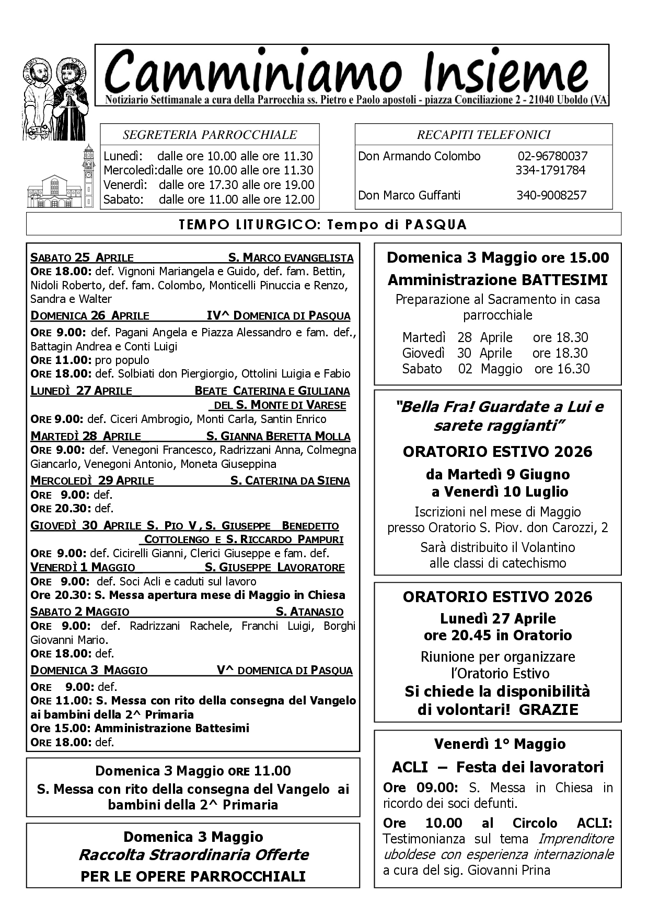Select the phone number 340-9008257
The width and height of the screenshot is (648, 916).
pyautogui.click(x=551, y=195)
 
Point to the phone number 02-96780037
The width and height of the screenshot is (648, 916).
pyautogui.click(x=552, y=156)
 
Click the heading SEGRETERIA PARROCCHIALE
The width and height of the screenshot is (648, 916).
pyautogui.click(x=210, y=135)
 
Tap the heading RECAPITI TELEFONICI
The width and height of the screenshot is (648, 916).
pyautogui.click(x=483, y=135)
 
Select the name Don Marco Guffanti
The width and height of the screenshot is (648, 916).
pyautogui.click(x=409, y=195)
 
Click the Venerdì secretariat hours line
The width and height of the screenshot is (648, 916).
pyautogui.click(x=209, y=185)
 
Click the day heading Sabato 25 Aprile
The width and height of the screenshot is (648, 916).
pyautogui.click(x=82, y=257)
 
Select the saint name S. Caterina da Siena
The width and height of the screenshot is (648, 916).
pyautogui.click(x=290, y=481)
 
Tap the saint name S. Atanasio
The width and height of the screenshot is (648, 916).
pyautogui.click(x=309, y=612)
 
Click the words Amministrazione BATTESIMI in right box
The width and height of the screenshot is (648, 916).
pyautogui.click(x=497, y=280)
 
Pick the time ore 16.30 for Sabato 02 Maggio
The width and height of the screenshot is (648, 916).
pyautogui.click(x=562, y=369)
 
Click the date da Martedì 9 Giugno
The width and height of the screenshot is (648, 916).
pyautogui.click(x=497, y=474)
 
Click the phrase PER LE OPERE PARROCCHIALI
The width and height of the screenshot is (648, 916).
pyautogui.click(x=193, y=876)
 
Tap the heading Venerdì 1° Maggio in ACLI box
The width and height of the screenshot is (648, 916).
pyautogui.click(x=500, y=744)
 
